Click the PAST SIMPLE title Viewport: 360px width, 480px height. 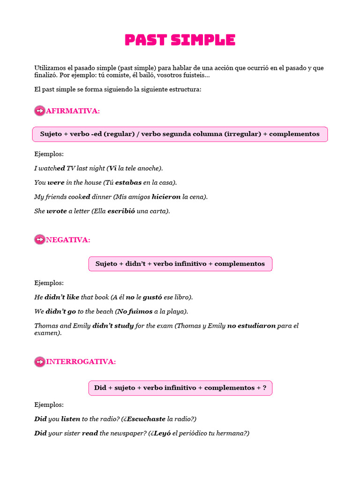[180, 40]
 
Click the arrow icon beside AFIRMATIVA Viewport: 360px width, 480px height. [40, 111]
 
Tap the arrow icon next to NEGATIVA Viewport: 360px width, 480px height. [40, 240]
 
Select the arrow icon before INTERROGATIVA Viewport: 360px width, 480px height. [40, 362]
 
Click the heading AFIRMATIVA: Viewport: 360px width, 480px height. [73, 111]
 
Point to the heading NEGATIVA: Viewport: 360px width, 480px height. [68, 240]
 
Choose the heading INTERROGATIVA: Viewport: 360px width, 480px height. [81, 362]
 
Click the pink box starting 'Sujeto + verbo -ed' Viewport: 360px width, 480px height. [180, 134]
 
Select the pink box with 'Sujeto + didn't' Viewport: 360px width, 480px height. [180, 264]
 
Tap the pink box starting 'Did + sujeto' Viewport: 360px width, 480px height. [180, 388]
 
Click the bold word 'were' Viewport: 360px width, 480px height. [56, 182]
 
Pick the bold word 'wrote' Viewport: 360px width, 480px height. [57, 211]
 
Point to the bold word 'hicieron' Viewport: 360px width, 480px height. [166, 197]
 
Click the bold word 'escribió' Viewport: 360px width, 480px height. [121, 211]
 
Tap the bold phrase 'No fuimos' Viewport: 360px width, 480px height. [135, 311]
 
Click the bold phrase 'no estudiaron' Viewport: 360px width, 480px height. [251, 326]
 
